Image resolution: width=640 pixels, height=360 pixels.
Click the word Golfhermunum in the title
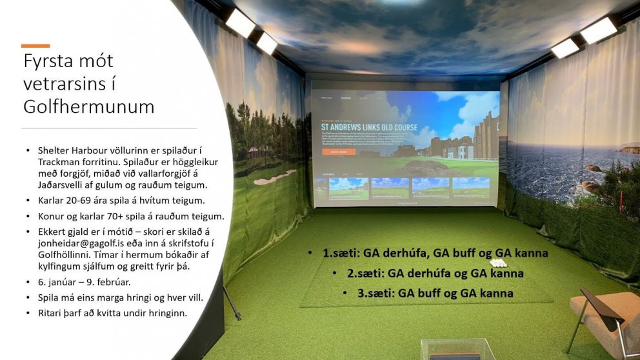click(x=88, y=106)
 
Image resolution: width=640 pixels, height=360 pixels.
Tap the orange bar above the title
click(x=35, y=46)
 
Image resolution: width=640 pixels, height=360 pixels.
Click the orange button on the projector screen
click(x=338, y=152)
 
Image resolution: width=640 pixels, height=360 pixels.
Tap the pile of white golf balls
click(x=498, y=263)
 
